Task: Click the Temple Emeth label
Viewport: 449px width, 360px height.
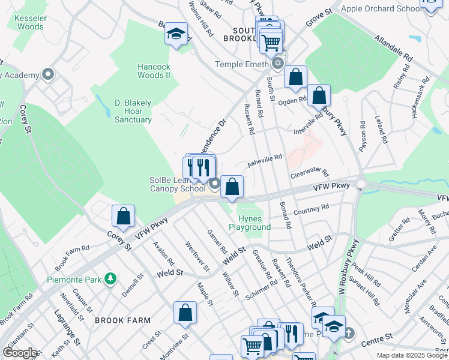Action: pos(243,64)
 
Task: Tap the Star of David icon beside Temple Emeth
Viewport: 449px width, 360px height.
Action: pos(277,64)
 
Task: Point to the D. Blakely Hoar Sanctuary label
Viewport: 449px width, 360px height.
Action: pos(133,111)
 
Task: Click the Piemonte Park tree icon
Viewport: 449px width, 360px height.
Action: pos(110,279)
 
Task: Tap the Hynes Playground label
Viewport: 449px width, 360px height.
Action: pos(250,223)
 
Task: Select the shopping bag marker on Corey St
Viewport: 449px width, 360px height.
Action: pos(123,217)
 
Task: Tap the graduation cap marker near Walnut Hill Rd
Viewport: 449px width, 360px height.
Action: pos(176,34)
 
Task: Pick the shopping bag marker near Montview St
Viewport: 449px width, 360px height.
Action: pos(185,313)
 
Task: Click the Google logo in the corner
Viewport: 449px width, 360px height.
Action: pos(20,353)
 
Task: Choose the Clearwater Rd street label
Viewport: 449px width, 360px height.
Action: pos(310,173)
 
